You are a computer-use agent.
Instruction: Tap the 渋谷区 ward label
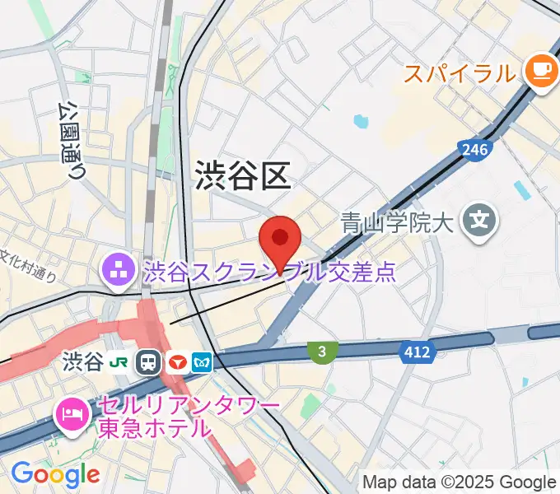(242, 175)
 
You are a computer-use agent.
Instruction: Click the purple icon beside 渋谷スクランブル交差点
(116, 268)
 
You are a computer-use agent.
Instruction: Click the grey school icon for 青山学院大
(479, 220)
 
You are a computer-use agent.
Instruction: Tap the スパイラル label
(459, 74)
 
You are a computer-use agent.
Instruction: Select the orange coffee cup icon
(540, 71)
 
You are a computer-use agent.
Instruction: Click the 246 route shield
(474, 149)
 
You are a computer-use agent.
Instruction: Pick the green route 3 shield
(323, 352)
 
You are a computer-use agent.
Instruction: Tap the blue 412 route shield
(417, 352)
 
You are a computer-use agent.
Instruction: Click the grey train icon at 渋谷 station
(149, 362)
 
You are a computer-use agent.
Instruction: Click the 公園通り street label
(72, 139)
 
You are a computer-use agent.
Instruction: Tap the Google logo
(55, 473)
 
